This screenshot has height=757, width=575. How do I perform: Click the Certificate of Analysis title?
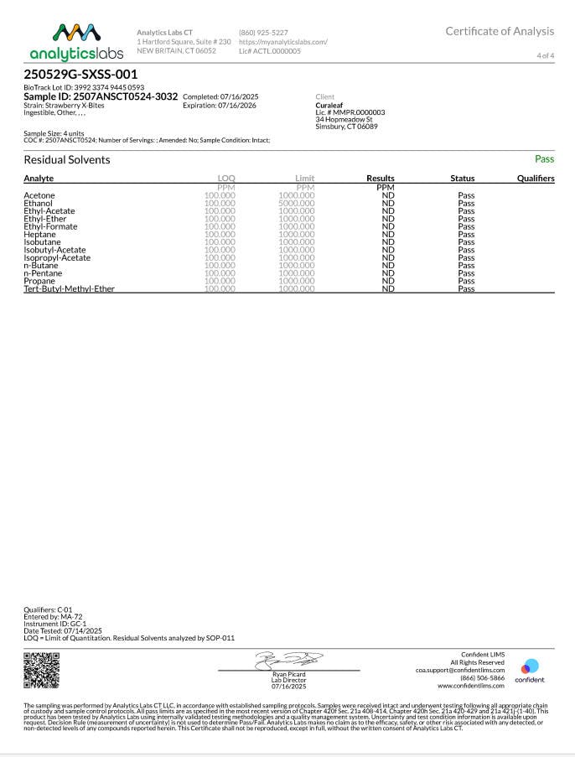point(500,31)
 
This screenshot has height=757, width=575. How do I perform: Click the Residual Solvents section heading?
point(66,159)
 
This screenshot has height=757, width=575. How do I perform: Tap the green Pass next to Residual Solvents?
point(544,158)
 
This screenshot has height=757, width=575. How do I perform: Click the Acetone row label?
point(39,195)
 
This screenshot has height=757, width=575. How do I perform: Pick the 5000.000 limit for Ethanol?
point(297,203)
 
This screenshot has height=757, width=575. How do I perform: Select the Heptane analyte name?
point(39,234)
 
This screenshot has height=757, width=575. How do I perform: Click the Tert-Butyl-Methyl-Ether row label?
point(69,288)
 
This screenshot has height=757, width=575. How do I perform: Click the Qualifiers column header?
point(535,179)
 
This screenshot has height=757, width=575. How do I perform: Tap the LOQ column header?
point(226,179)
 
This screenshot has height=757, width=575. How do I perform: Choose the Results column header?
point(381,179)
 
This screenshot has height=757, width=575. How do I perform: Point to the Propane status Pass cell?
point(466,281)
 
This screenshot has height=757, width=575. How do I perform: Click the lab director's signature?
point(288,660)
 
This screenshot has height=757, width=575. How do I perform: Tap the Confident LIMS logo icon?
point(530,666)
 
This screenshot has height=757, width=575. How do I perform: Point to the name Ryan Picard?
point(288,674)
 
